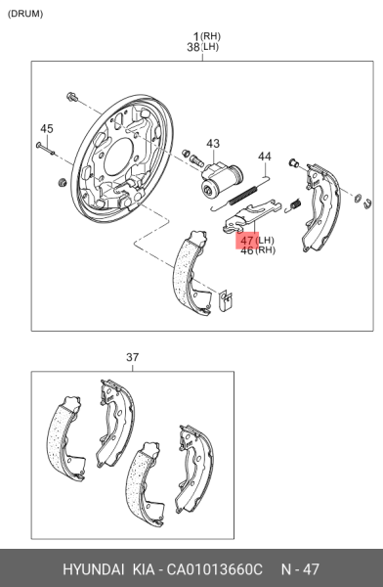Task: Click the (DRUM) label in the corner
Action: (25, 14)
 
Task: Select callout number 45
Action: (47, 129)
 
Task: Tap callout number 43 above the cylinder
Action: (213, 144)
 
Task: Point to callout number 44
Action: (265, 157)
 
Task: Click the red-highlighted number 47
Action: (247, 240)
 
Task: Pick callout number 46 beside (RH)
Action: (247, 250)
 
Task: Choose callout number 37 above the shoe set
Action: (133, 357)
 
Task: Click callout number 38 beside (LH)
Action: (193, 47)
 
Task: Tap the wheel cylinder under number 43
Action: (222, 179)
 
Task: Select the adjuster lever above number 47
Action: (251, 216)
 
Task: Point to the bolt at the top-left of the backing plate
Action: (72, 97)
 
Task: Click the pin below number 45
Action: (46, 149)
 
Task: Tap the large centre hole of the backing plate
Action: (119, 158)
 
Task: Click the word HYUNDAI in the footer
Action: (94, 569)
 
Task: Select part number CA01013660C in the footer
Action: (214, 569)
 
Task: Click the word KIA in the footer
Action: (144, 569)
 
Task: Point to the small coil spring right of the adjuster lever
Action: (294, 204)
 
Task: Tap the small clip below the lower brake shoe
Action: (226, 300)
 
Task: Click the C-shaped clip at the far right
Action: (367, 203)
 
